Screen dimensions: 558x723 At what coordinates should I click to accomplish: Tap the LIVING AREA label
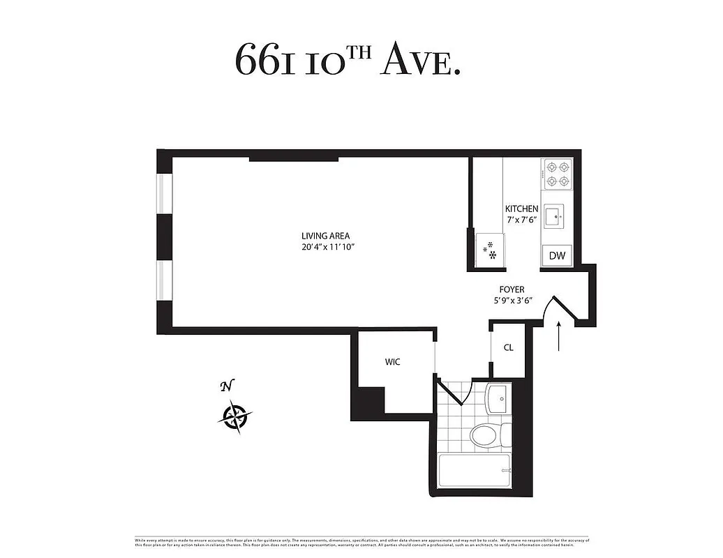pyautogui.click(x=325, y=236)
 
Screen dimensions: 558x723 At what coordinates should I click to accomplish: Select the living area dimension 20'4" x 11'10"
pyautogui.click(x=325, y=247)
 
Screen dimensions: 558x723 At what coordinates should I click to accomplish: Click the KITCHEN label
pyautogui.click(x=521, y=209)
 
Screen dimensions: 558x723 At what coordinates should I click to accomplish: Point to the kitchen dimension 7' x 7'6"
pyautogui.click(x=521, y=220)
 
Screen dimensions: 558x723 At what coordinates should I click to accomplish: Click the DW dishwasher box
pyautogui.click(x=557, y=256)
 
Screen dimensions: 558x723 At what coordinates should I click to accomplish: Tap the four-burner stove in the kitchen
pyautogui.click(x=557, y=174)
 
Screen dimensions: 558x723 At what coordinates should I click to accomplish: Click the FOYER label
pyautogui.click(x=512, y=289)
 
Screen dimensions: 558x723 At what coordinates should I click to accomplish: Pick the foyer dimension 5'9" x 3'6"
pyautogui.click(x=512, y=301)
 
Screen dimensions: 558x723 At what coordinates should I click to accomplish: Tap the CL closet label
pyautogui.click(x=508, y=347)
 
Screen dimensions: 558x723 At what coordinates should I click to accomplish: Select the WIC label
pyautogui.click(x=392, y=362)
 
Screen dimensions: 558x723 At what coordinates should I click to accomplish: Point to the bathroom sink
pyautogui.click(x=498, y=400)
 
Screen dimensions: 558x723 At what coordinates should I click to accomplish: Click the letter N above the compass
pyautogui.click(x=225, y=386)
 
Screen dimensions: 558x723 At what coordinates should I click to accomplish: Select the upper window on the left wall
pyautogui.click(x=164, y=193)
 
